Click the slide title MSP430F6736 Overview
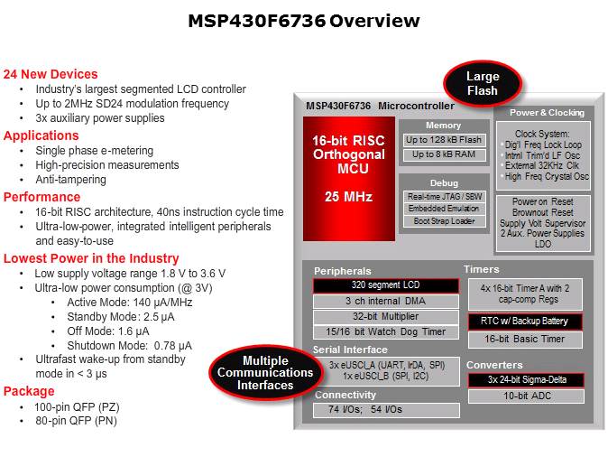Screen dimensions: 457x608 [303, 21]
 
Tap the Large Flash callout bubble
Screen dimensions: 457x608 [483, 84]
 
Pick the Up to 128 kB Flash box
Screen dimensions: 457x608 [443, 140]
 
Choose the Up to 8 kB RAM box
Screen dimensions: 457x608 [443, 154]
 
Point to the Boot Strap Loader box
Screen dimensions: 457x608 [443, 220]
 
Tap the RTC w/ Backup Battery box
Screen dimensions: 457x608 [524, 322]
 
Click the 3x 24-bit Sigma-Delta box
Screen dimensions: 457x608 [524, 380]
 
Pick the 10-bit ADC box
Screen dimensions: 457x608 [524, 396]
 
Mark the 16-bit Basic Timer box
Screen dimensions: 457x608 [524, 340]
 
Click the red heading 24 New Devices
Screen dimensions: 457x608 [51, 74]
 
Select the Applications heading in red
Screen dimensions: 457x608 [41, 135]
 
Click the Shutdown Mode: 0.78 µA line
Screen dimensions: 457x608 [129, 345]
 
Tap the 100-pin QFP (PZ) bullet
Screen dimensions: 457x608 [78, 406]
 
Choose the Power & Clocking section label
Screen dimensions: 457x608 [547, 113]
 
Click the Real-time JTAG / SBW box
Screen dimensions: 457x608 [443, 196]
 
